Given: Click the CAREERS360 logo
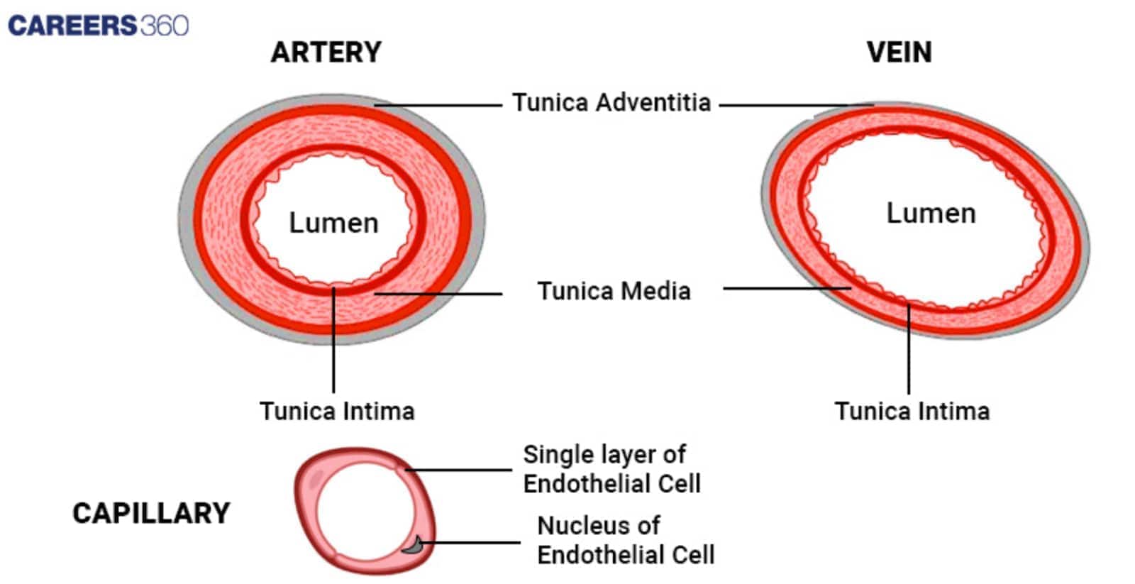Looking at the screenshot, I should point(98,26).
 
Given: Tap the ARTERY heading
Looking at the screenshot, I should point(326,53).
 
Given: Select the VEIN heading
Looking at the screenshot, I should point(899,53).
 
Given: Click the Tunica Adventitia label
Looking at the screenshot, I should point(611,103).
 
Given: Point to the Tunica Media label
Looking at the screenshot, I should point(614,291).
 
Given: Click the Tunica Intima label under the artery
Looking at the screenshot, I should point(337,412).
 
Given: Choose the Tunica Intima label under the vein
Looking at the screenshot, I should point(912,412).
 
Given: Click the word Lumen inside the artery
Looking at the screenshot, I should point(333,223).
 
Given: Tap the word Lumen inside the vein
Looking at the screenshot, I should point(931,214).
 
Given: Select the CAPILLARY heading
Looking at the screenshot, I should point(151,513).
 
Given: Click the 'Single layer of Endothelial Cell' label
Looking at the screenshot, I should point(611,469).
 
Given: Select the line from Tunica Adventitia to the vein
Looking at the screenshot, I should point(794,105).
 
